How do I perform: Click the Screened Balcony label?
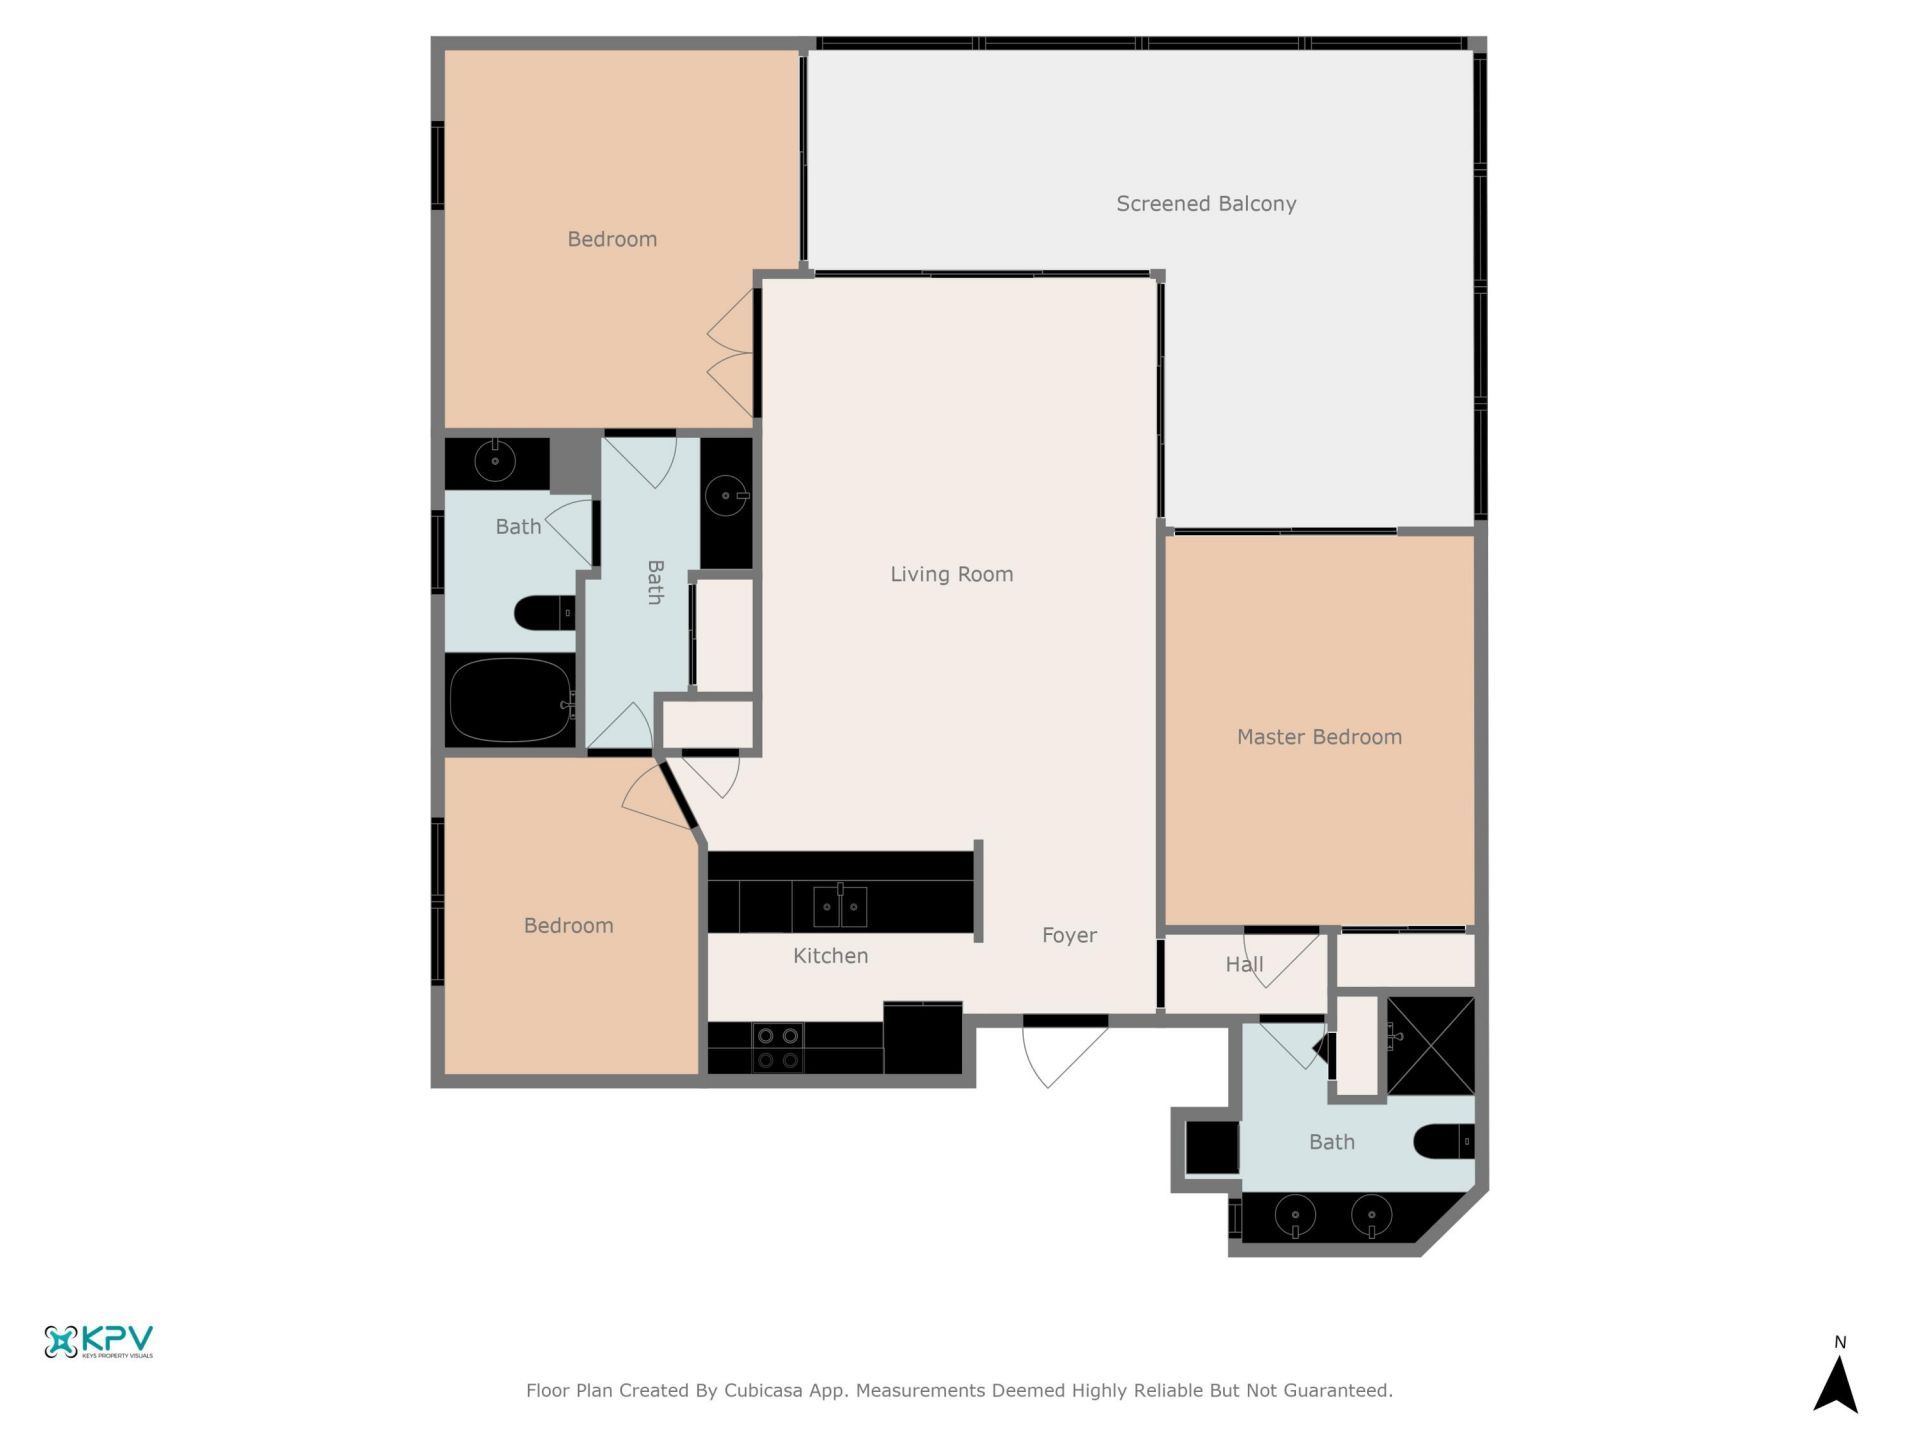coord(1206,204)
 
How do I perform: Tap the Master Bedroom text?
coord(1319,737)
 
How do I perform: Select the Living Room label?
coord(951,574)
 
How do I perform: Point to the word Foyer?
coord(1069,935)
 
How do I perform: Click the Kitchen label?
coord(830,956)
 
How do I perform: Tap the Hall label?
coord(1244,964)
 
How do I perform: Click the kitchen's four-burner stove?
coord(778,1048)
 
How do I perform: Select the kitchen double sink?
coord(840,907)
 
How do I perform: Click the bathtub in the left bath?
coord(511,700)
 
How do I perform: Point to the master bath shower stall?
coord(1431,1045)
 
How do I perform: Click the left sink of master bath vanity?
coord(1295,1216)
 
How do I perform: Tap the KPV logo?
coord(98,1341)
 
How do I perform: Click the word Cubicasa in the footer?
coord(763,1390)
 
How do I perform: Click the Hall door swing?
coord(1280,960)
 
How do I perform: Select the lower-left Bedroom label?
coord(568,926)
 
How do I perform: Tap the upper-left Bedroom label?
coord(612,239)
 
